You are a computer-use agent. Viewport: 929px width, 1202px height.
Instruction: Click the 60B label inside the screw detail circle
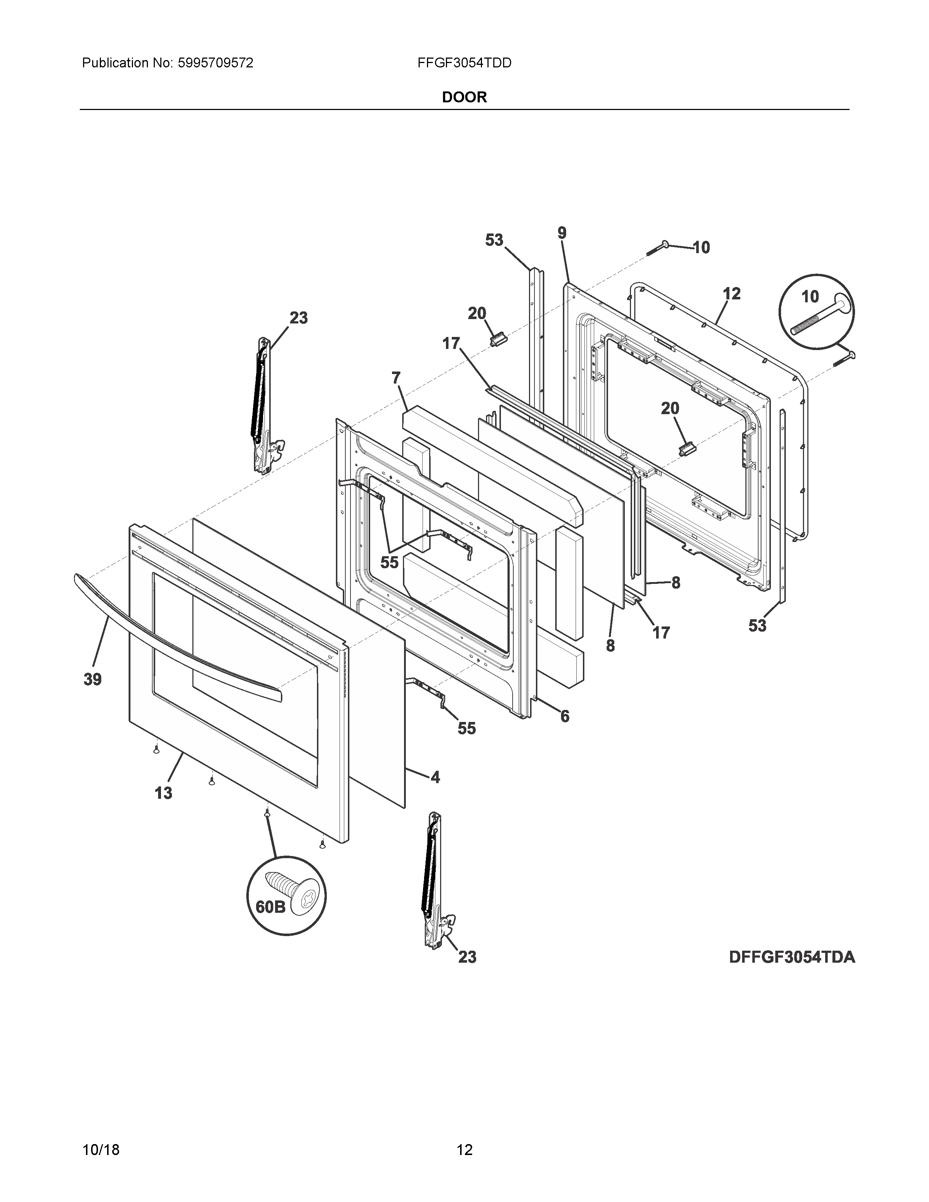tap(270, 907)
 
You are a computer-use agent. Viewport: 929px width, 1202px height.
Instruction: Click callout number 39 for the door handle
tap(93, 679)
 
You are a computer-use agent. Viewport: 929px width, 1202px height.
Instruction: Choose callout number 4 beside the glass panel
tap(435, 777)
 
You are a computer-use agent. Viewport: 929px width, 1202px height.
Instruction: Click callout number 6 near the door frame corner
tap(565, 716)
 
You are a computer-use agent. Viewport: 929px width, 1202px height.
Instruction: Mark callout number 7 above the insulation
tap(396, 378)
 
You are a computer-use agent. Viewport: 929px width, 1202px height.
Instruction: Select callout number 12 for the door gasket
tap(732, 293)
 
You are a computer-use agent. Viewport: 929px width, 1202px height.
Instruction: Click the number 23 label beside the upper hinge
tap(298, 318)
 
